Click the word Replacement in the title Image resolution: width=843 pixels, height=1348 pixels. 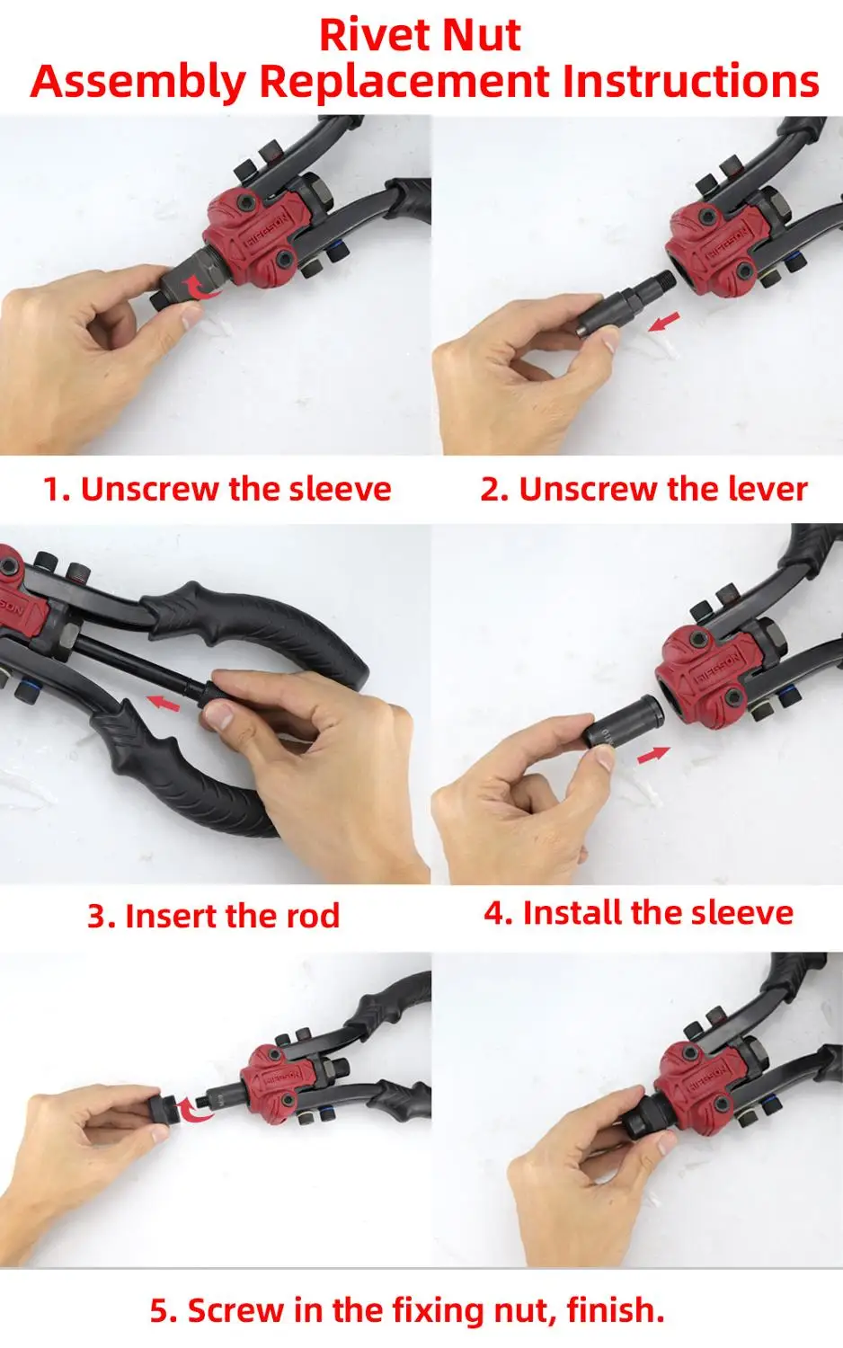point(404,82)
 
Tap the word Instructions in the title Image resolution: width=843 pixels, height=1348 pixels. point(690,81)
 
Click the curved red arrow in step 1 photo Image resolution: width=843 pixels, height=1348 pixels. point(202,287)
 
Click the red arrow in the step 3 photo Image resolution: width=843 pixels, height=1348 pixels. point(164,702)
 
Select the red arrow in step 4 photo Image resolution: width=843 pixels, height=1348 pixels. point(653,755)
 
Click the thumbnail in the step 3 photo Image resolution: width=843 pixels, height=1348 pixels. point(218,716)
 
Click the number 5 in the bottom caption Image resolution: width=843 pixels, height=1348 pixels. point(159,1310)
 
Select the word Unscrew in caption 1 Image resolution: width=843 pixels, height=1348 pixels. point(151,489)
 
